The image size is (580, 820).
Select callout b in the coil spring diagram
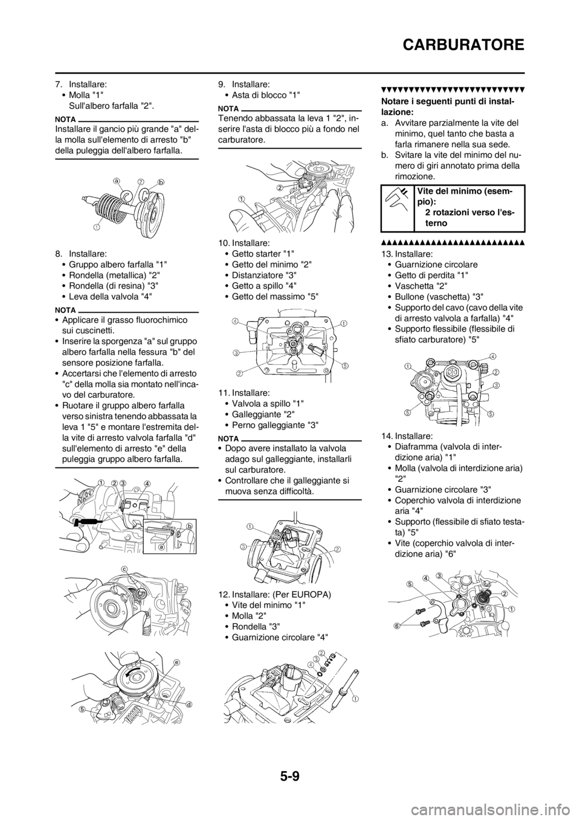pos(161,181)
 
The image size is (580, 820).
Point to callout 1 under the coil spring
pos(96,228)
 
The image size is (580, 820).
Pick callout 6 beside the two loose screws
pos(397,626)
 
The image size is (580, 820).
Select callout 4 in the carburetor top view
pos(493,355)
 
